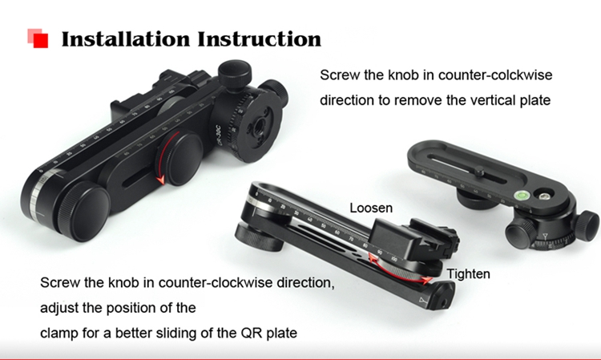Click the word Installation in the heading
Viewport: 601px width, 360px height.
click(126, 39)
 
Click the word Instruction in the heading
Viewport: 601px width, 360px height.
click(260, 39)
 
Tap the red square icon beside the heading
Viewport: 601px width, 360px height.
click(38, 38)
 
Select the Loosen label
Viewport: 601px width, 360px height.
click(371, 208)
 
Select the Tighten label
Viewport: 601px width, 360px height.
click(469, 273)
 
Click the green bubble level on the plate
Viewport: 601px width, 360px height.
click(522, 195)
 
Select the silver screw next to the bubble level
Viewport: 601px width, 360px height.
click(543, 196)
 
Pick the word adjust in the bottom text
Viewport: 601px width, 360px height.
click(59, 308)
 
